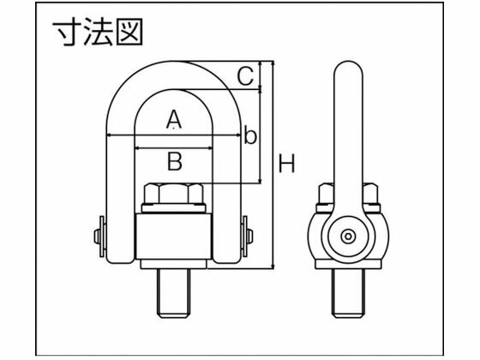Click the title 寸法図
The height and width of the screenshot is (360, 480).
(x=98, y=32)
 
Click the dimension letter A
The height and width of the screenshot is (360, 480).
(x=173, y=119)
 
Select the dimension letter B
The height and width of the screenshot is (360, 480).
(x=175, y=161)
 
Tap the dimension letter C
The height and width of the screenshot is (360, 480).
(x=245, y=76)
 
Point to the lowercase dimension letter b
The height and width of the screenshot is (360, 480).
(x=250, y=135)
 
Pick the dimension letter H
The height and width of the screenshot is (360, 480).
(x=287, y=163)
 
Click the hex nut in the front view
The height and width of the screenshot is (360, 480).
(x=173, y=194)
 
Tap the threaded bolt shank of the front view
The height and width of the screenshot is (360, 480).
(x=173, y=293)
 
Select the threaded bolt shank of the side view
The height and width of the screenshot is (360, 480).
(x=348, y=293)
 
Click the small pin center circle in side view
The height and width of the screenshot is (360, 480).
(x=348, y=237)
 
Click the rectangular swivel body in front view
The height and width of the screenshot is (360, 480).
(x=173, y=237)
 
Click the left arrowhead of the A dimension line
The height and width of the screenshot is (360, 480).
(x=109, y=135)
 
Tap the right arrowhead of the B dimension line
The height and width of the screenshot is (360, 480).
(x=209, y=148)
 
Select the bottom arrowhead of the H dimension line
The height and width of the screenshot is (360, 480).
(x=273, y=266)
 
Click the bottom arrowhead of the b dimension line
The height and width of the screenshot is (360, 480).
(x=261, y=181)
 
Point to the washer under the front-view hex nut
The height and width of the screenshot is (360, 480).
(x=173, y=208)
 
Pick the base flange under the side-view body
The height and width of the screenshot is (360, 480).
(x=348, y=265)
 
